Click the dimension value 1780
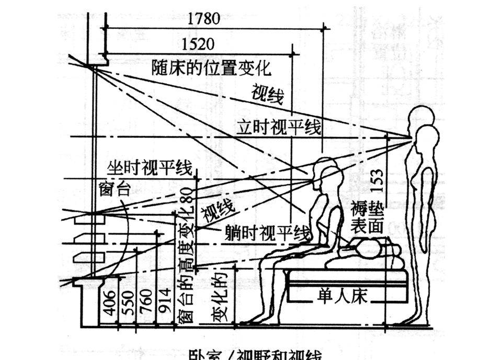coord(203,18)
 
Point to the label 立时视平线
coord(278,128)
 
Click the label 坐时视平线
coord(150,168)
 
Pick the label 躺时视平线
coord(268,232)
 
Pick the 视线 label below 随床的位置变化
coord(267,94)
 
